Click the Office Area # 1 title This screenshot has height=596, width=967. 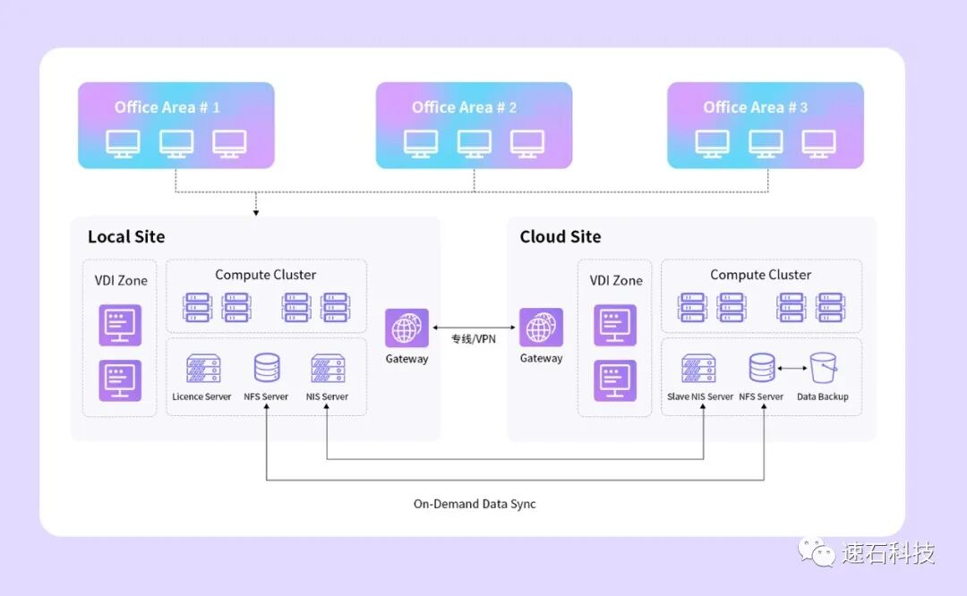coord(167,107)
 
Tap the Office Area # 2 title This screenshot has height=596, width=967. coord(464,107)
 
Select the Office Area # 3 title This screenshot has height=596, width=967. coord(755,107)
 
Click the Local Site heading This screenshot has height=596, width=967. coord(126,237)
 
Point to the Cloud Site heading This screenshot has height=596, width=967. coord(560,237)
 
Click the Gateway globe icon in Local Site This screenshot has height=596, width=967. coord(406,328)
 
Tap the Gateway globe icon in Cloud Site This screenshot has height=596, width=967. coord(541,328)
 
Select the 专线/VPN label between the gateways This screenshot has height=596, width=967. coord(474,339)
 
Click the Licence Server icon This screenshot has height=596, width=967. coord(202,368)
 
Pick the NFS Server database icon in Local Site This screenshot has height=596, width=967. coord(266,368)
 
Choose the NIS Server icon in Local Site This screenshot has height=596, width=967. coord(327,368)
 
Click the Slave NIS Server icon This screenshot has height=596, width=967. coord(698,368)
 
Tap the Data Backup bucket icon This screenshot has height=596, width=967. coord(823,367)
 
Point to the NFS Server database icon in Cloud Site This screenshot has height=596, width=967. coord(762,368)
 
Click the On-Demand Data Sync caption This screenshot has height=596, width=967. coord(475,504)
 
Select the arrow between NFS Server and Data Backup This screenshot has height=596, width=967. coord(792,367)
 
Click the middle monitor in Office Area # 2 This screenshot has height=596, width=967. coord(474,143)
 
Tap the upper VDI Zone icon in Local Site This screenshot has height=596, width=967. coord(120,325)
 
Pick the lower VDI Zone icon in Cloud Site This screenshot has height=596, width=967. coord(615,379)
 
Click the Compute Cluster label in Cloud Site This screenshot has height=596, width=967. coord(760,275)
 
